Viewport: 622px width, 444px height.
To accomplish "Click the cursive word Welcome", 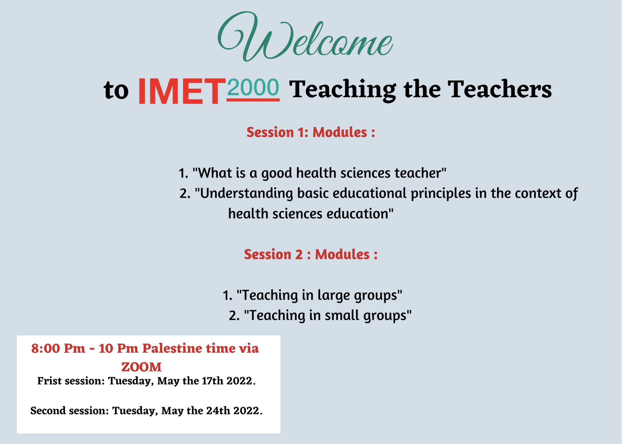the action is click(x=305, y=37).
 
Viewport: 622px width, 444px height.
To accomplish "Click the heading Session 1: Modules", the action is click(x=311, y=132).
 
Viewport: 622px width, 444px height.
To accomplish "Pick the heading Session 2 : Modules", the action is click(x=311, y=254).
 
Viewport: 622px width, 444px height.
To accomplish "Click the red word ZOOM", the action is click(x=142, y=367).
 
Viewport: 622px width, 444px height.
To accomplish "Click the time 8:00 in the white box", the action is click(x=45, y=349).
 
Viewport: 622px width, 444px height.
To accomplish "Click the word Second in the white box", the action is click(x=48, y=411).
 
